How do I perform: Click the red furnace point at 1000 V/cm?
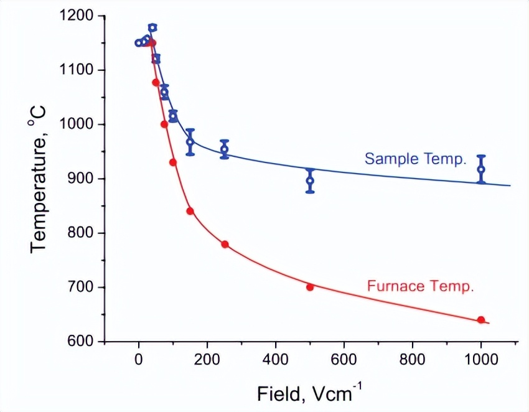pyautogui.click(x=481, y=320)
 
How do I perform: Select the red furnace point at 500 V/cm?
pyautogui.click(x=310, y=287)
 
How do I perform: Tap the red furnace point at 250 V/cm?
pyautogui.click(x=225, y=244)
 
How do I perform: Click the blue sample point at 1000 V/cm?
pyautogui.click(x=481, y=169)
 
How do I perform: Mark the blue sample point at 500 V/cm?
pyautogui.click(x=310, y=181)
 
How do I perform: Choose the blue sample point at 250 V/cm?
pyautogui.click(x=225, y=149)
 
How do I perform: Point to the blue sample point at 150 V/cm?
pyautogui.click(x=190, y=142)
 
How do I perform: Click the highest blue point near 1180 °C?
pyautogui.click(x=152, y=27)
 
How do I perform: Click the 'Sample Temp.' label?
pyautogui.click(x=415, y=159)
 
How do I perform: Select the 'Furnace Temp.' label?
pyautogui.click(x=421, y=287)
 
